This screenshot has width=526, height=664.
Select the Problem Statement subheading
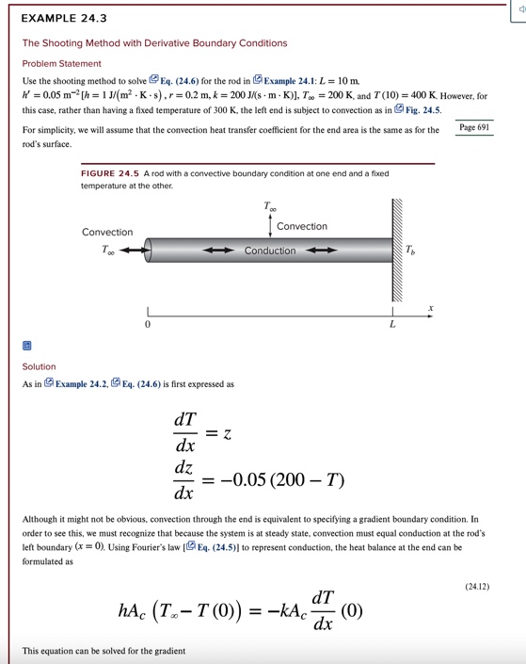click(x=61, y=63)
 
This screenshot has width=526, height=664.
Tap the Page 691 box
click(x=475, y=127)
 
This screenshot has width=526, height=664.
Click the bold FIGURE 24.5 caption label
click(x=110, y=174)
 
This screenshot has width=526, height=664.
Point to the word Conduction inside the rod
click(x=270, y=251)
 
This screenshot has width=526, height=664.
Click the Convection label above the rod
click(x=302, y=226)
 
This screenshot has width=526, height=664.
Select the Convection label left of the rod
click(x=107, y=232)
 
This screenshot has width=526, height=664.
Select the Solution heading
click(x=39, y=366)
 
